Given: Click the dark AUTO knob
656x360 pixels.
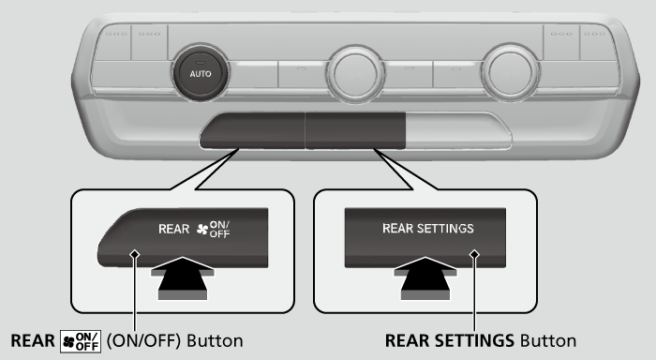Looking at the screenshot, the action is [x=201, y=74].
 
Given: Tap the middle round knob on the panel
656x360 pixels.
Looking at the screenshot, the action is [x=355, y=75].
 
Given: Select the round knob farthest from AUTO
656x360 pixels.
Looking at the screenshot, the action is [x=510, y=73].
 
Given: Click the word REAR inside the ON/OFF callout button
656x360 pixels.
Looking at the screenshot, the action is [x=173, y=229].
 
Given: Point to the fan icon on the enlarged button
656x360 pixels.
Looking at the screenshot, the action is [x=202, y=229].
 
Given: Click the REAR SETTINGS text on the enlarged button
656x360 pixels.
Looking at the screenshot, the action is [x=428, y=228].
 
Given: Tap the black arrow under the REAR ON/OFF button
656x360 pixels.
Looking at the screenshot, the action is [x=183, y=278].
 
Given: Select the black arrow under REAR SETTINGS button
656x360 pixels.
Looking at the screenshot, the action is [x=425, y=278].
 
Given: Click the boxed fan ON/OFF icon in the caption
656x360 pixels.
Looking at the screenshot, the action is [x=81, y=341].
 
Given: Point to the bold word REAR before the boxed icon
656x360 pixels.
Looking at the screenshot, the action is [x=33, y=340].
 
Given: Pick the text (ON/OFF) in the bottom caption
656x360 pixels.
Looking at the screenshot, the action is [x=143, y=340].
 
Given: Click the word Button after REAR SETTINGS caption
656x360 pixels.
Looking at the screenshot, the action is [x=548, y=340].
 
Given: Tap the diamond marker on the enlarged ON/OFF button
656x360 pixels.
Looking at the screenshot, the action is [x=135, y=254].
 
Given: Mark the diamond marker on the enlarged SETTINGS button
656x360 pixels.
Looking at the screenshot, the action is [x=474, y=254].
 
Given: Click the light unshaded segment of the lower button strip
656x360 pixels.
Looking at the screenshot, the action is [x=458, y=130].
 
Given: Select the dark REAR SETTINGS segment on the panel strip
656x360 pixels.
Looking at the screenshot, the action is [x=355, y=130].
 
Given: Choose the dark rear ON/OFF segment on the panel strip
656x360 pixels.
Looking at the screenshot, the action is [x=252, y=130].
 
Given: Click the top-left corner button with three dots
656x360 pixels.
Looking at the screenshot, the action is [x=113, y=42].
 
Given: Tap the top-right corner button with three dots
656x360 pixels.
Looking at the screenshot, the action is [x=598, y=42].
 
